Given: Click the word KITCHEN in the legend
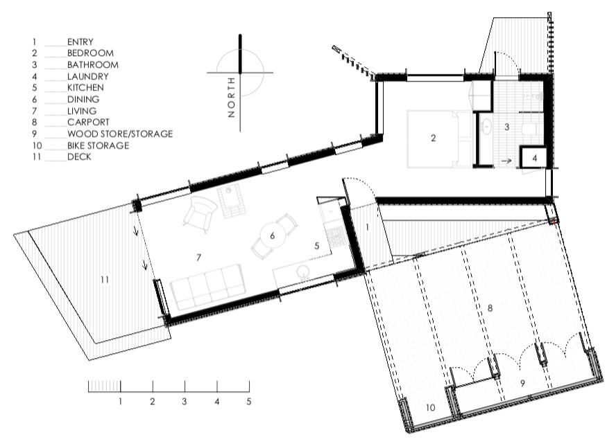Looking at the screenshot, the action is coord(85,87).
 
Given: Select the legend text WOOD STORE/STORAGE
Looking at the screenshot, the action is coord(120,134).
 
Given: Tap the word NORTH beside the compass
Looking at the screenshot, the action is coord(231,97).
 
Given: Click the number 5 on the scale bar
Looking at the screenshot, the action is coord(248,401).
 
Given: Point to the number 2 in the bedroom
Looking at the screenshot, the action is coord(434,138).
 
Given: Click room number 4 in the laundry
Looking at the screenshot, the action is coord(534,159).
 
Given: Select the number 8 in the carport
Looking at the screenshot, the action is coord(490,308).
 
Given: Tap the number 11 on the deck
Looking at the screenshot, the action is coord(104,280).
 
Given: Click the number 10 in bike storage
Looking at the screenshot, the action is coord(431,407).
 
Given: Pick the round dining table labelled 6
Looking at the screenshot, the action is coord(272,235).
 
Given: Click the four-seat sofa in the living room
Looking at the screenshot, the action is coord(207,287).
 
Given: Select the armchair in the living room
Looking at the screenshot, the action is coord(200,214).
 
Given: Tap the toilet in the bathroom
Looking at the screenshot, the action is coord(530,128).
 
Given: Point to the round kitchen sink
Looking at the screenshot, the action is coord(303,272).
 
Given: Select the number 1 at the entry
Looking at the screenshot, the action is coord(368,227).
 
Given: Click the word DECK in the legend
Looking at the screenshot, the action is coord(79,157).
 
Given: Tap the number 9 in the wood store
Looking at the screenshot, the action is coord(522,383).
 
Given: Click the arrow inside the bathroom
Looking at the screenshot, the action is coord(506,161).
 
